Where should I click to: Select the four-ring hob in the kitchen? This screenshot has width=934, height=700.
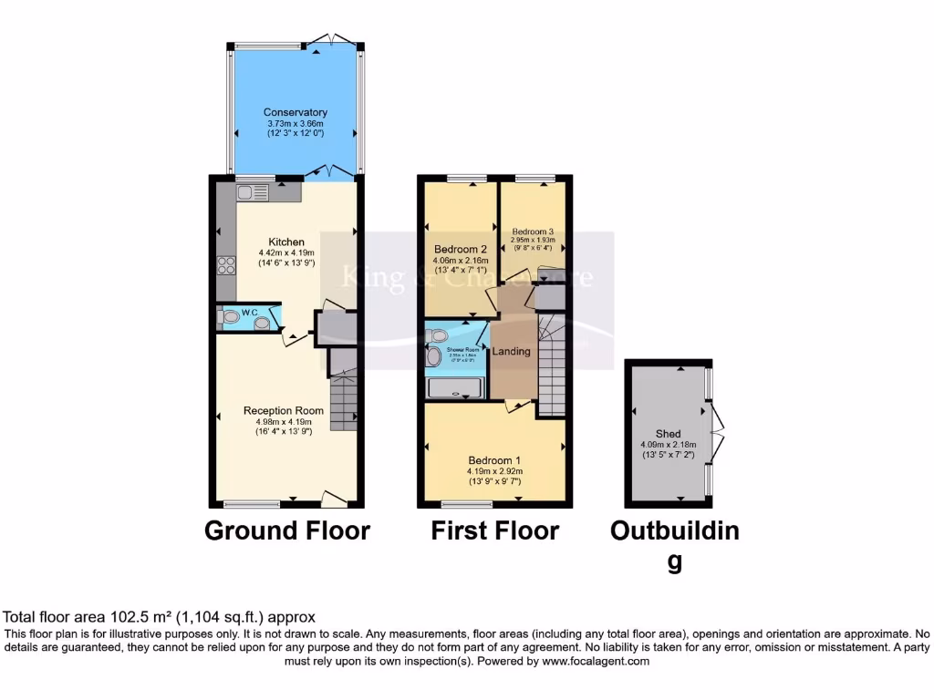224,265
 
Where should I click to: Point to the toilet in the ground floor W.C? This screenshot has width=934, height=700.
231,317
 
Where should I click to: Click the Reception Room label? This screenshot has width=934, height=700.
284,411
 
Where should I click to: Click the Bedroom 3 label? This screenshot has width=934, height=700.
533,232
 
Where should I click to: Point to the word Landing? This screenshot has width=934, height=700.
511,351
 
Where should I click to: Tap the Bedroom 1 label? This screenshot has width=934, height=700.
495,460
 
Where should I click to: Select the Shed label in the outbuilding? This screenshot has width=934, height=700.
668,434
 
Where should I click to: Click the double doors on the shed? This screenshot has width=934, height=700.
719,433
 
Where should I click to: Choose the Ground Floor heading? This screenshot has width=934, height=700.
286,530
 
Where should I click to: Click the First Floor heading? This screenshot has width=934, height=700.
495,530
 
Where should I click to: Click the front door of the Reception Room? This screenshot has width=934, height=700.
334,499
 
